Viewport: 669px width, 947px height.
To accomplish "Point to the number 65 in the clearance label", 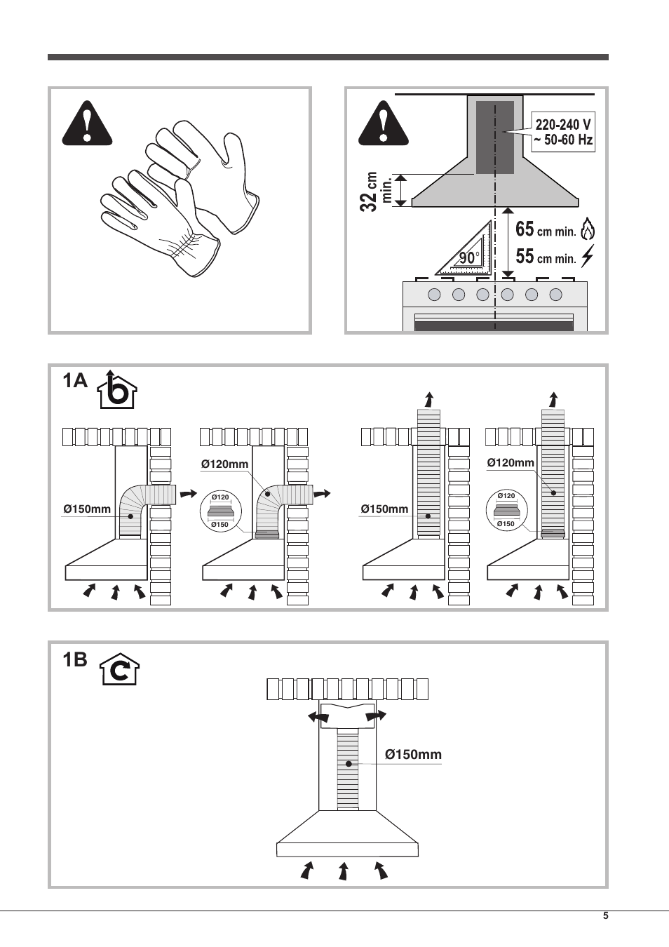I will (525, 230).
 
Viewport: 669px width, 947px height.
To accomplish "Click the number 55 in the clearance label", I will (525, 257).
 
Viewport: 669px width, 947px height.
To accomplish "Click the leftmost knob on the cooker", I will (434, 295).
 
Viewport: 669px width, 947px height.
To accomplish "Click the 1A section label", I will (74, 381).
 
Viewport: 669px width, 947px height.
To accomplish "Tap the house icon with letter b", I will (118, 390).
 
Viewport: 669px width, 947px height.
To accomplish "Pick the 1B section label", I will (74, 660).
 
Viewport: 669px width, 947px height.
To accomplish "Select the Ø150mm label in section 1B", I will (413, 755).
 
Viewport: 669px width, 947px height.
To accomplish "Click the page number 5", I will (605, 916).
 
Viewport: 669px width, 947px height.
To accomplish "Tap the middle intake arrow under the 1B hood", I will (344, 871).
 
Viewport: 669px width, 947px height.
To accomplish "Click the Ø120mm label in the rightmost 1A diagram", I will (511, 463).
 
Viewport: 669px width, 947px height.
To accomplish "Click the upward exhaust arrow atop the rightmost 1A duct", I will (553, 400).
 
